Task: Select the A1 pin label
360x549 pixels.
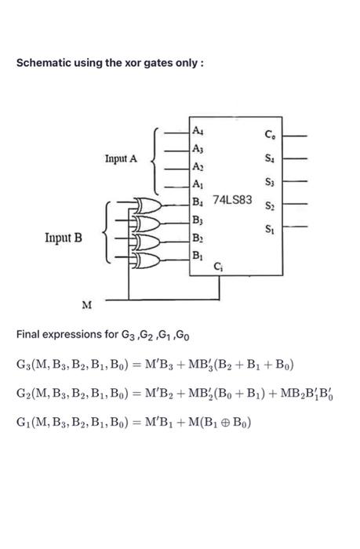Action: tap(198, 185)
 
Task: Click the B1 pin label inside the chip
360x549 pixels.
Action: tap(198, 256)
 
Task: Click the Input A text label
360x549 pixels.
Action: tap(121, 158)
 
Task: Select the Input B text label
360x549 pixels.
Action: tap(64, 234)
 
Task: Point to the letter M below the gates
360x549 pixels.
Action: tap(86, 304)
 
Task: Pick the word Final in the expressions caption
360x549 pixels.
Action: tap(28, 335)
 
